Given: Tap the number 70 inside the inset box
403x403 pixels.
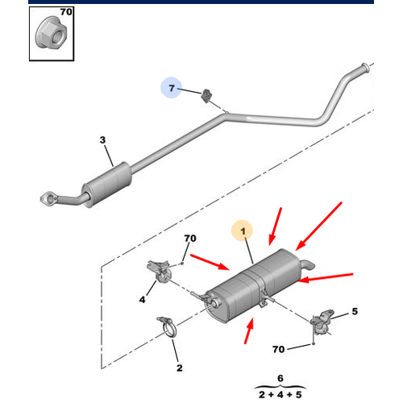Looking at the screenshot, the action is pos(66,12).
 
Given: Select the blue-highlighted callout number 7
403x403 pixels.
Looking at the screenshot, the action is pos(172,88).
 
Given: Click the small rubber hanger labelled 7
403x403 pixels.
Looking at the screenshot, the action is pos(206,95).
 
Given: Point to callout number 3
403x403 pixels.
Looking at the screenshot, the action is pos(102,140).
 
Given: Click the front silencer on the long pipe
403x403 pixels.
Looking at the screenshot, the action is pos(107,185).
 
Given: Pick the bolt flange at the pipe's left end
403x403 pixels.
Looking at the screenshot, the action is pos(48,199).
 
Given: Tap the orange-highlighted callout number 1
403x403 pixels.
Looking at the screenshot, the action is pos(243,231).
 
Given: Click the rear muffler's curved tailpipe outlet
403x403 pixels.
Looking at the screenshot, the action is pos(307,264).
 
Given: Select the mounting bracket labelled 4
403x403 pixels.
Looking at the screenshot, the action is pos(160,271).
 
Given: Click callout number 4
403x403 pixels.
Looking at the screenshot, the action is pos(142,299).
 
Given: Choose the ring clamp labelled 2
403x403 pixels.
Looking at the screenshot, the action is pos(168,326).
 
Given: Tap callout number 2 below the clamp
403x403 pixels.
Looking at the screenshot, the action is pos(180,368).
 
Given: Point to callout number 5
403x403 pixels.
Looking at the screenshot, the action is pos(355,311).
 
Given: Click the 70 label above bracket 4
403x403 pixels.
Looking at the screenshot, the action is pos(190,239).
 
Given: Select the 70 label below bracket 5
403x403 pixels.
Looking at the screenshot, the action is pos(278,349).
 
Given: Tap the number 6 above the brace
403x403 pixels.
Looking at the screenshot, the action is pos(280,378).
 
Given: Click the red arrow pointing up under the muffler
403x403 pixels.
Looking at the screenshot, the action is pos(249,330).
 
